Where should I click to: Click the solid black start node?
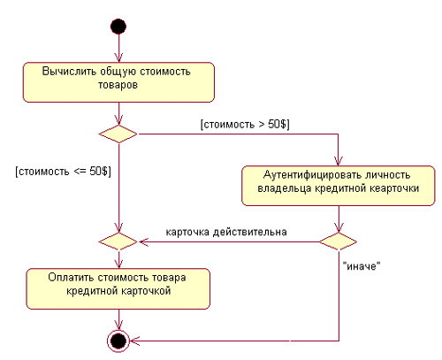pyautogui.click(x=118, y=27)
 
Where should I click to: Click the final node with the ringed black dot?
pyautogui.click(x=118, y=341)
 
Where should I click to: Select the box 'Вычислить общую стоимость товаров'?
pyautogui.click(x=118, y=82)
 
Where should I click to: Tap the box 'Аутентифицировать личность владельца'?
pyautogui.click(x=339, y=186)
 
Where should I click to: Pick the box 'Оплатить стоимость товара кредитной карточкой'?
pyautogui.click(x=118, y=288)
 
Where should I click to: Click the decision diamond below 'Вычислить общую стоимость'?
pyautogui.click(x=118, y=134)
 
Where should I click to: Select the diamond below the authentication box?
pyautogui.click(x=339, y=241)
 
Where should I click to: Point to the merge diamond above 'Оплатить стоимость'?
pyautogui.click(x=118, y=241)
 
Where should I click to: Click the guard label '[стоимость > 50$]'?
pyautogui.click(x=245, y=125)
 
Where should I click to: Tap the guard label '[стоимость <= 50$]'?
pyautogui.click(x=64, y=172)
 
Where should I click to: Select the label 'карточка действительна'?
pyautogui.click(x=226, y=232)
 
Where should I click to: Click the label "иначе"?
pyautogui.click(x=362, y=266)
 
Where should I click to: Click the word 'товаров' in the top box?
pyautogui.click(x=118, y=85)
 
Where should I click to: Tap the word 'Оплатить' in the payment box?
pyautogui.click(x=72, y=278)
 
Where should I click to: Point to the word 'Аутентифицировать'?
pyautogui.click(x=313, y=175)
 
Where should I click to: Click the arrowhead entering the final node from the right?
pyautogui.click(x=134, y=341)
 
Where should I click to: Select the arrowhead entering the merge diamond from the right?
pyautogui.click(x=143, y=241)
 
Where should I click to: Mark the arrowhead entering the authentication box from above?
pyautogui.click(x=339, y=161)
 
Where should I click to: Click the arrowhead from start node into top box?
pyautogui.click(x=118, y=57)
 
